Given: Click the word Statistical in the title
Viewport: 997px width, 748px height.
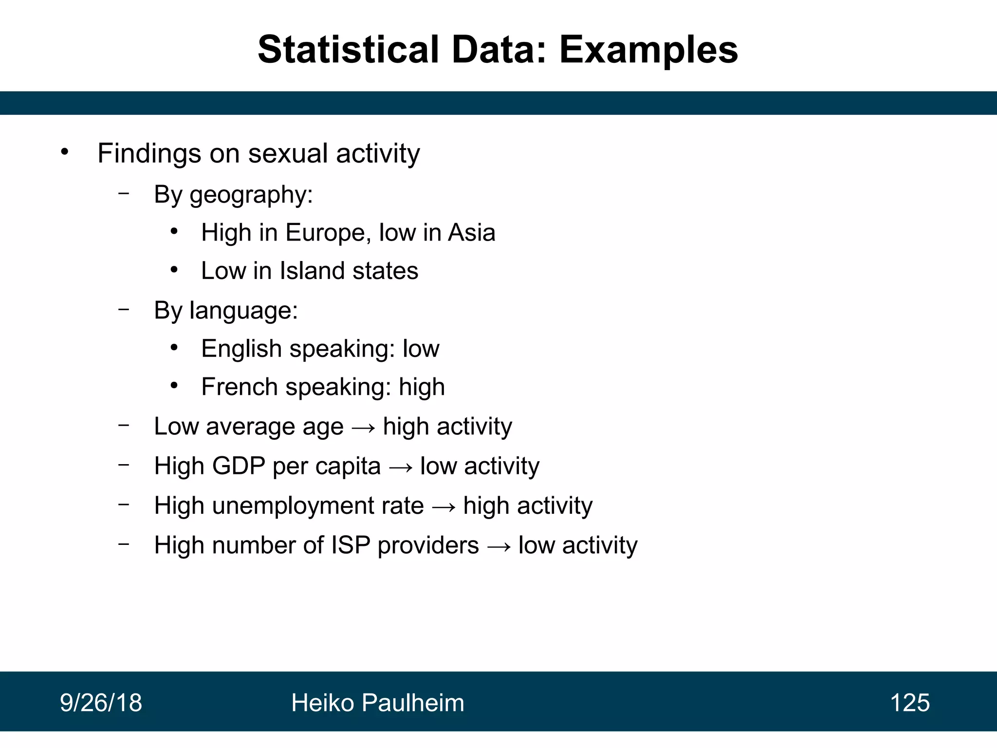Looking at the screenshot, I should pyautogui.click(x=348, y=50).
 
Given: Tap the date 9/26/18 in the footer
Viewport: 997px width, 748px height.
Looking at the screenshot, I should pyautogui.click(x=101, y=703).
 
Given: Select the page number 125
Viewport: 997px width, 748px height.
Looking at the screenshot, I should pyautogui.click(x=909, y=703).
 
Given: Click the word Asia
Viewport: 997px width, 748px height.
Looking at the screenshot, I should pyautogui.click(x=471, y=232).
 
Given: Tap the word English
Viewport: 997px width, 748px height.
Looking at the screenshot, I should pyautogui.click(x=241, y=349).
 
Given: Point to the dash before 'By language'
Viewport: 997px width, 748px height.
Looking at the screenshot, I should pyautogui.click(x=124, y=309).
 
